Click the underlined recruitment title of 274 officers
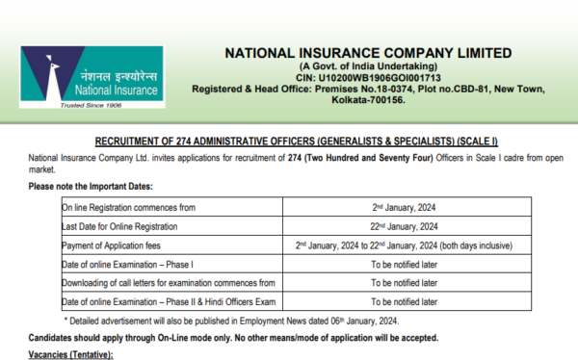(x=289, y=139)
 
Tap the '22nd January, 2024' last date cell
(x=405, y=226)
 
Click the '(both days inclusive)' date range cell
(x=405, y=245)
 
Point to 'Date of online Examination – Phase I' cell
(x=128, y=264)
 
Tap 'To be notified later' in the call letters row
(x=405, y=283)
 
